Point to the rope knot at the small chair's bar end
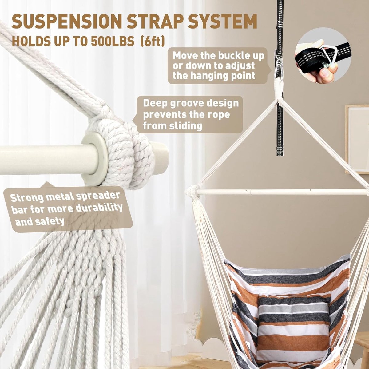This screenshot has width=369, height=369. point(194,192)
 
